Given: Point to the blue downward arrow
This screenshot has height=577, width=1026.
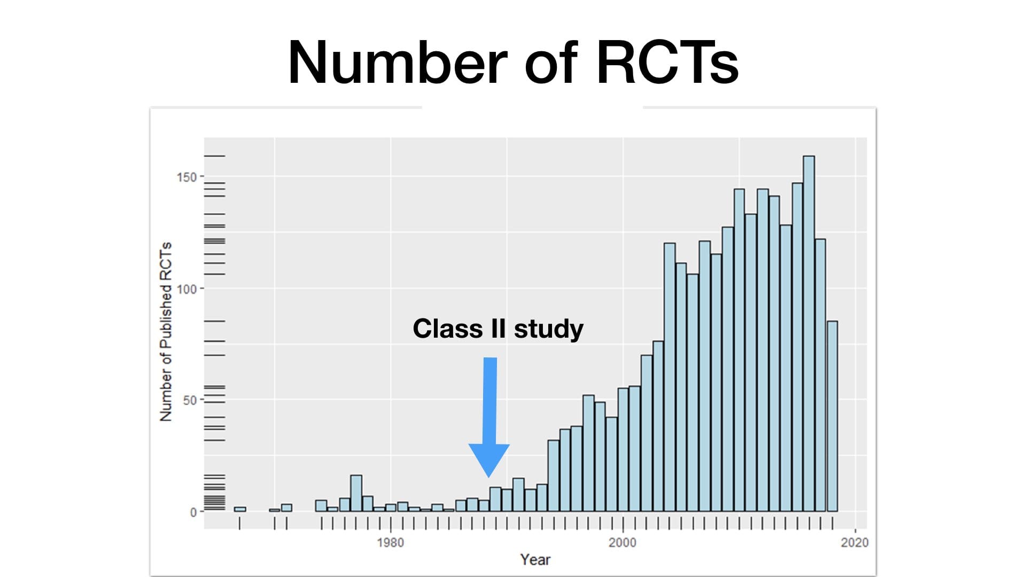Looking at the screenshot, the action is click(489, 417).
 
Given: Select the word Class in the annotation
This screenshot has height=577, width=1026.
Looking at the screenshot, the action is click(448, 328).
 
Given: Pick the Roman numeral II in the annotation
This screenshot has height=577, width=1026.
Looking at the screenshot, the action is click(498, 328).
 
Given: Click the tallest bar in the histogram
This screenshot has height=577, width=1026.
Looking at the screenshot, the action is click(809, 334).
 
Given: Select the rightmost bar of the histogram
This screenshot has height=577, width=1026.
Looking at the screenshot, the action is click(832, 417).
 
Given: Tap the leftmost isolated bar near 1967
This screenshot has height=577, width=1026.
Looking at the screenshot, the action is click(240, 509).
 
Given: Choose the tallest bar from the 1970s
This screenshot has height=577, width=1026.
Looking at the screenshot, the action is click(356, 493).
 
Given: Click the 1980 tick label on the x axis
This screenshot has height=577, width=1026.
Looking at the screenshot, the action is click(391, 543).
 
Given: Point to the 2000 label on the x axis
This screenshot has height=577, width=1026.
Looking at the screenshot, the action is click(623, 543).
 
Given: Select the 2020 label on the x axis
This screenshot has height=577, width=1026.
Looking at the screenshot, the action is click(855, 543).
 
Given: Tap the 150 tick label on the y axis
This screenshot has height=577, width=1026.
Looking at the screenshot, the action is click(187, 177).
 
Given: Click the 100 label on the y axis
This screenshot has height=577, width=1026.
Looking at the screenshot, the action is click(187, 289).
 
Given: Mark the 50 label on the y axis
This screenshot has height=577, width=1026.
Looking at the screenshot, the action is click(190, 400).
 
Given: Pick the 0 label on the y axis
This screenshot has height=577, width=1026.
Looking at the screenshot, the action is click(193, 512).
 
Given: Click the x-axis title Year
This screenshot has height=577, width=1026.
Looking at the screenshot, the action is click(535, 559).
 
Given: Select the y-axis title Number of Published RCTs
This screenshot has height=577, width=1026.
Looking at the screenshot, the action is click(166, 331).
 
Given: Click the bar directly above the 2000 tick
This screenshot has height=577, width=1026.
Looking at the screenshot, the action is click(623, 450).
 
